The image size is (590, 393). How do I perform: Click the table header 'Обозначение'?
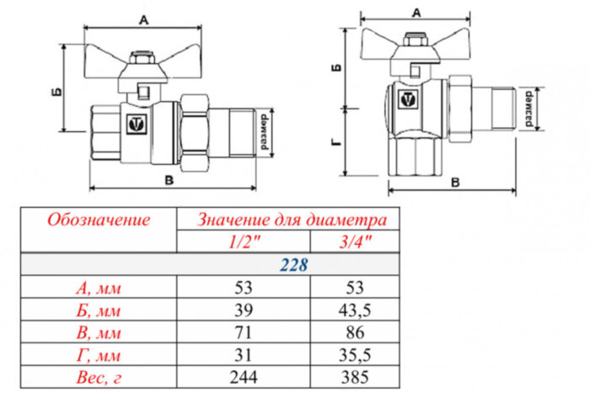99,220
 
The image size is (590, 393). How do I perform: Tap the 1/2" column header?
244,242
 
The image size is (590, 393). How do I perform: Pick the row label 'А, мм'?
99,288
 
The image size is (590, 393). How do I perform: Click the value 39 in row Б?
244,309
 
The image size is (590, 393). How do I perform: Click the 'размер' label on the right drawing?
528,108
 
